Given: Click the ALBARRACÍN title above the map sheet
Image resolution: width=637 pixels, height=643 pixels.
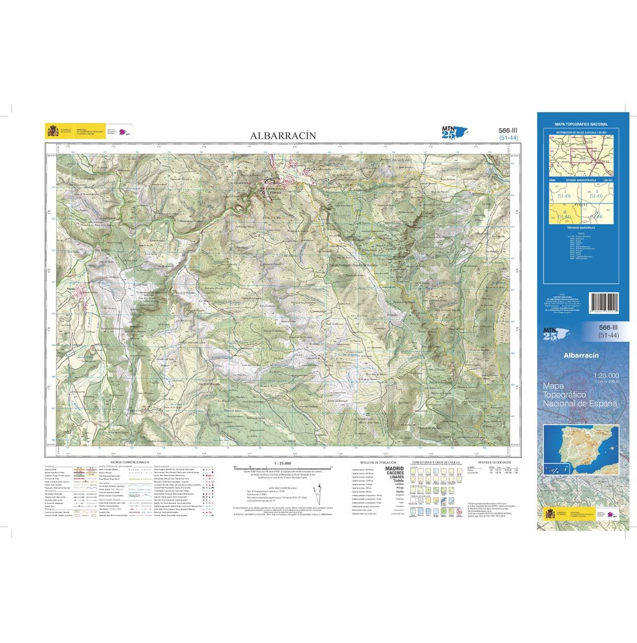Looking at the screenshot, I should point(283,136).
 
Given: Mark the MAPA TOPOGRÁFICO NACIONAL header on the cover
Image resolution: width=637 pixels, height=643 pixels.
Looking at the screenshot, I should point(581,124).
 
